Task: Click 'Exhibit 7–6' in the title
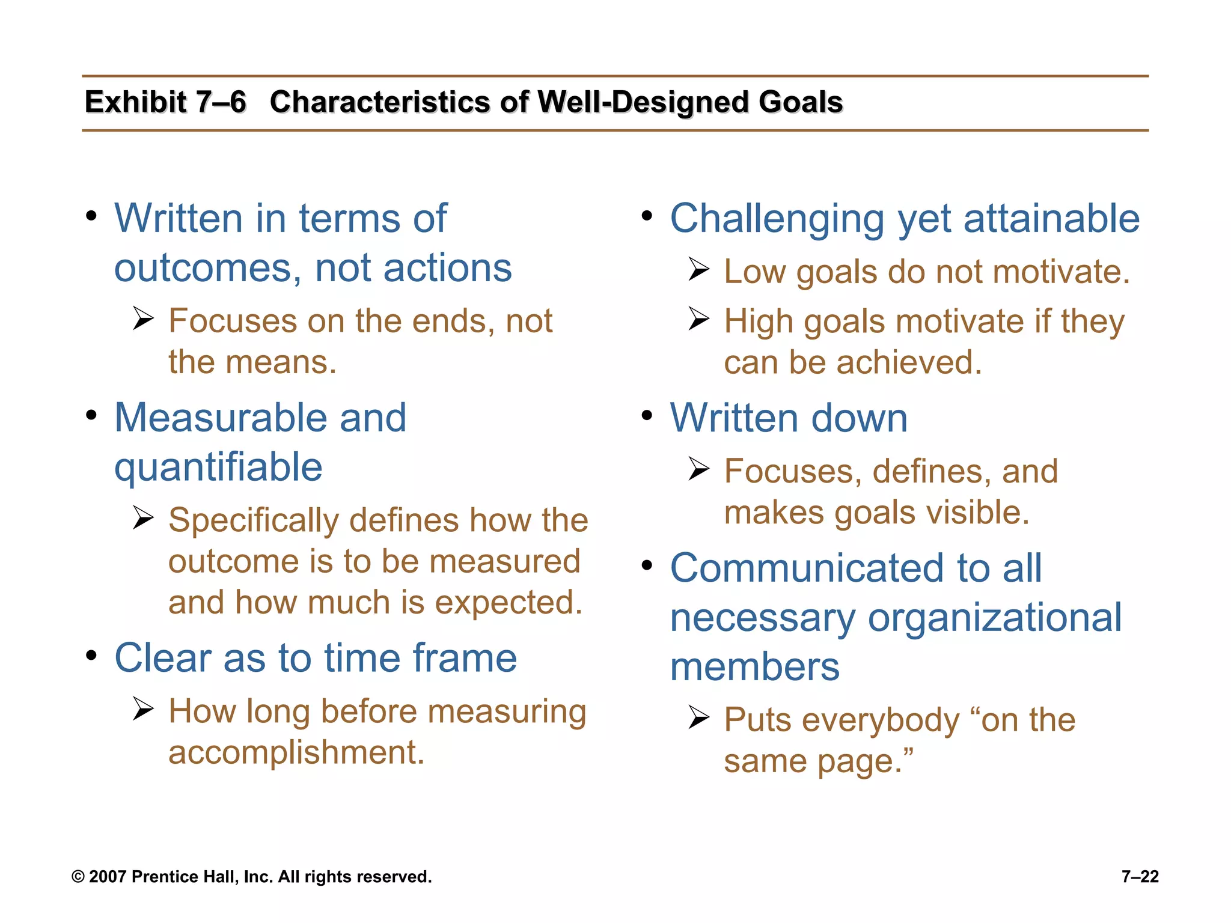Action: tap(165, 102)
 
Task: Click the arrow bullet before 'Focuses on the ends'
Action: tap(144, 318)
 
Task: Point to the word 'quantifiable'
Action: tap(218, 468)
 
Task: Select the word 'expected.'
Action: tap(509, 603)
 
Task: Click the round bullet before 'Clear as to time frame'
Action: tap(91, 656)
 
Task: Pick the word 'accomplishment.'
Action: tap(296, 752)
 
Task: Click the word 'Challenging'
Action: tap(777, 218)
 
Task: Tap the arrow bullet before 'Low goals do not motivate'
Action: tap(699, 269)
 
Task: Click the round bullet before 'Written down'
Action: tap(647, 415)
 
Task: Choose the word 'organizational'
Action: tap(994, 618)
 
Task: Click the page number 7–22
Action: tap(1140, 877)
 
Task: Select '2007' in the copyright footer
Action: tap(108, 877)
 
